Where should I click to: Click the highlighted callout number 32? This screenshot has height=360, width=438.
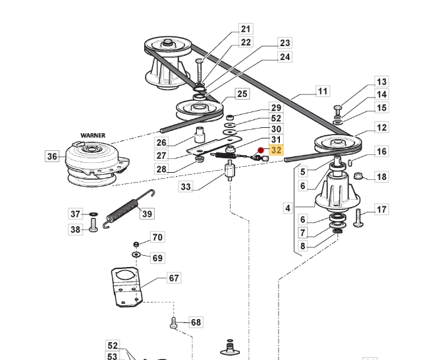(x=276, y=150)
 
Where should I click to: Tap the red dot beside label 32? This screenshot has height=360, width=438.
(x=261, y=150)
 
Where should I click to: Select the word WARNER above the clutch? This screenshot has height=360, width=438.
(x=93, y=135)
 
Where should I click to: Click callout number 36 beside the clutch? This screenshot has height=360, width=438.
(x=52, y=156)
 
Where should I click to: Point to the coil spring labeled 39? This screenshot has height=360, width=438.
(x=128, y=208)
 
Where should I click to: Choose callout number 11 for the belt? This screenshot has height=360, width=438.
(x=323, y=91)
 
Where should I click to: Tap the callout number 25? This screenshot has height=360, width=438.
(x=242, y=94)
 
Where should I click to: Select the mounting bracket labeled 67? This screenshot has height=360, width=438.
(x=127, y=287)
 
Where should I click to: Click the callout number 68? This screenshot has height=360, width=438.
(x=196, y=322)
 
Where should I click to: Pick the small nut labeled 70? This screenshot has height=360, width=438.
(x=136, y=245)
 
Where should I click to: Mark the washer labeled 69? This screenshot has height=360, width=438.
(x=136, y=255)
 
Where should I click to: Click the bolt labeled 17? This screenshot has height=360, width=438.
(x=358, y=218)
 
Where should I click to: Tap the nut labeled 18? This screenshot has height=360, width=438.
(x=358, y=176)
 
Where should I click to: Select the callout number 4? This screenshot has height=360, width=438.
(x=288, y=208)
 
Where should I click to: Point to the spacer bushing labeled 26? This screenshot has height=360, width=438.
(x=200, y=135)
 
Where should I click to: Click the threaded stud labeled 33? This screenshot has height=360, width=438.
(x=230, y=170)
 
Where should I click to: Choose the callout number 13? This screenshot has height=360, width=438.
(x=381, y=82)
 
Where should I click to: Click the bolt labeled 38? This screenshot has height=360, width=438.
(x=94, y=225)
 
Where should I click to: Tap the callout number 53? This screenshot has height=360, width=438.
(x=112, y=356)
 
